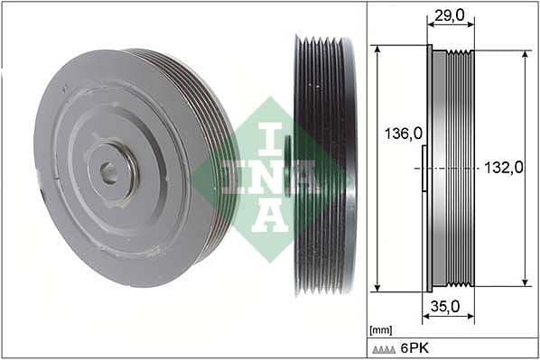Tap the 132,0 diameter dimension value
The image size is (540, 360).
pos(504,167)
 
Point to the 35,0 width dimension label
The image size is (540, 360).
pos(445,307)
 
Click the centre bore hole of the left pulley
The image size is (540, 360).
pos(108,171)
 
